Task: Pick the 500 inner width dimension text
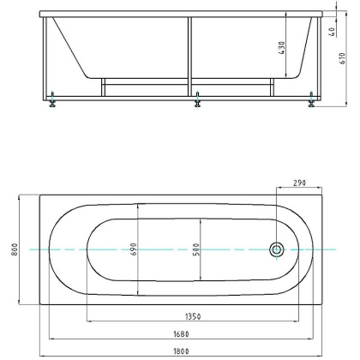pyautogui.click(x=196, y=249)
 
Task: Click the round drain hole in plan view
pyautogui.click(x=277, y=249)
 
